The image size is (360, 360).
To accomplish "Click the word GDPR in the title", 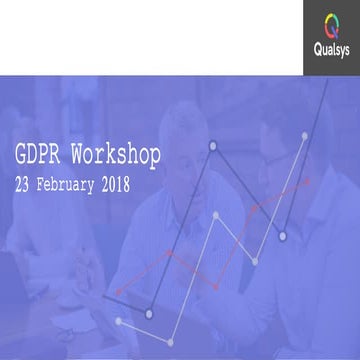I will tap(37, 156).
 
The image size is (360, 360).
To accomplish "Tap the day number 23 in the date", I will tap(23, 186).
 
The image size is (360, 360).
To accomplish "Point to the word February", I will tap(75, 186).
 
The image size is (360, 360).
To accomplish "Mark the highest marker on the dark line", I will tap(212, 146).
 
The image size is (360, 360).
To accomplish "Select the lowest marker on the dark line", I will tap(149, 314).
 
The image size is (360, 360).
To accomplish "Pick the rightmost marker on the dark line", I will tap(283, 236).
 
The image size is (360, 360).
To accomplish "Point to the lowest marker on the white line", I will tap(120, 322).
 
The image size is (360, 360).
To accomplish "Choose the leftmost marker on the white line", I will tap(120, 322).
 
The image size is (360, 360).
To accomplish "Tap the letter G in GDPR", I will tap(21, 156).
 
